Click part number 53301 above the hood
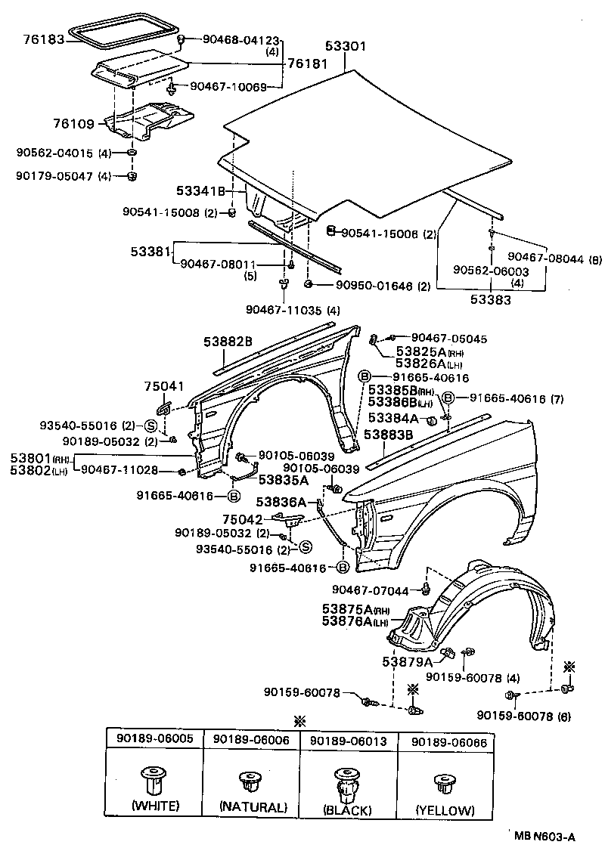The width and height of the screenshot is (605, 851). click(x=346, y=47)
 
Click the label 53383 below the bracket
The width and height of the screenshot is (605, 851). click(x=492, y=299)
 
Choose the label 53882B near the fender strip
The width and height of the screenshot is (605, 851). click(x=228, y=342)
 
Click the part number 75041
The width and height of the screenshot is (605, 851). click(x=160, y=386)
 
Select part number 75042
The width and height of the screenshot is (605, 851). click(x=242, y=519)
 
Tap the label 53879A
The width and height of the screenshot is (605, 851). click(x=408, y=662)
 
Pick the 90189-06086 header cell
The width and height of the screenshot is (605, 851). click(x=445, y=742)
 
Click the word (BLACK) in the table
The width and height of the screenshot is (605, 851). click(x=349, y=810)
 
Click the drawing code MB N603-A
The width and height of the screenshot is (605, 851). click(x=544, y=836)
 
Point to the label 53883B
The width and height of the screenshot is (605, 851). click(x=389, y=435)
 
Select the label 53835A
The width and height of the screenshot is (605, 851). click(x=284, y=478)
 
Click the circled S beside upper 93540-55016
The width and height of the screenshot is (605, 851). click(x=150, y=426)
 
